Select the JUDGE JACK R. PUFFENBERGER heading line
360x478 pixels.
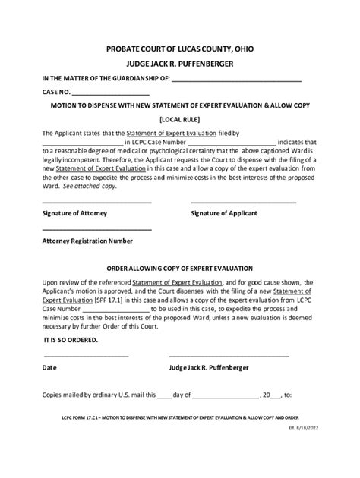pos(179,64)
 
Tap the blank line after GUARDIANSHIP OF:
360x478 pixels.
pos(237,82)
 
